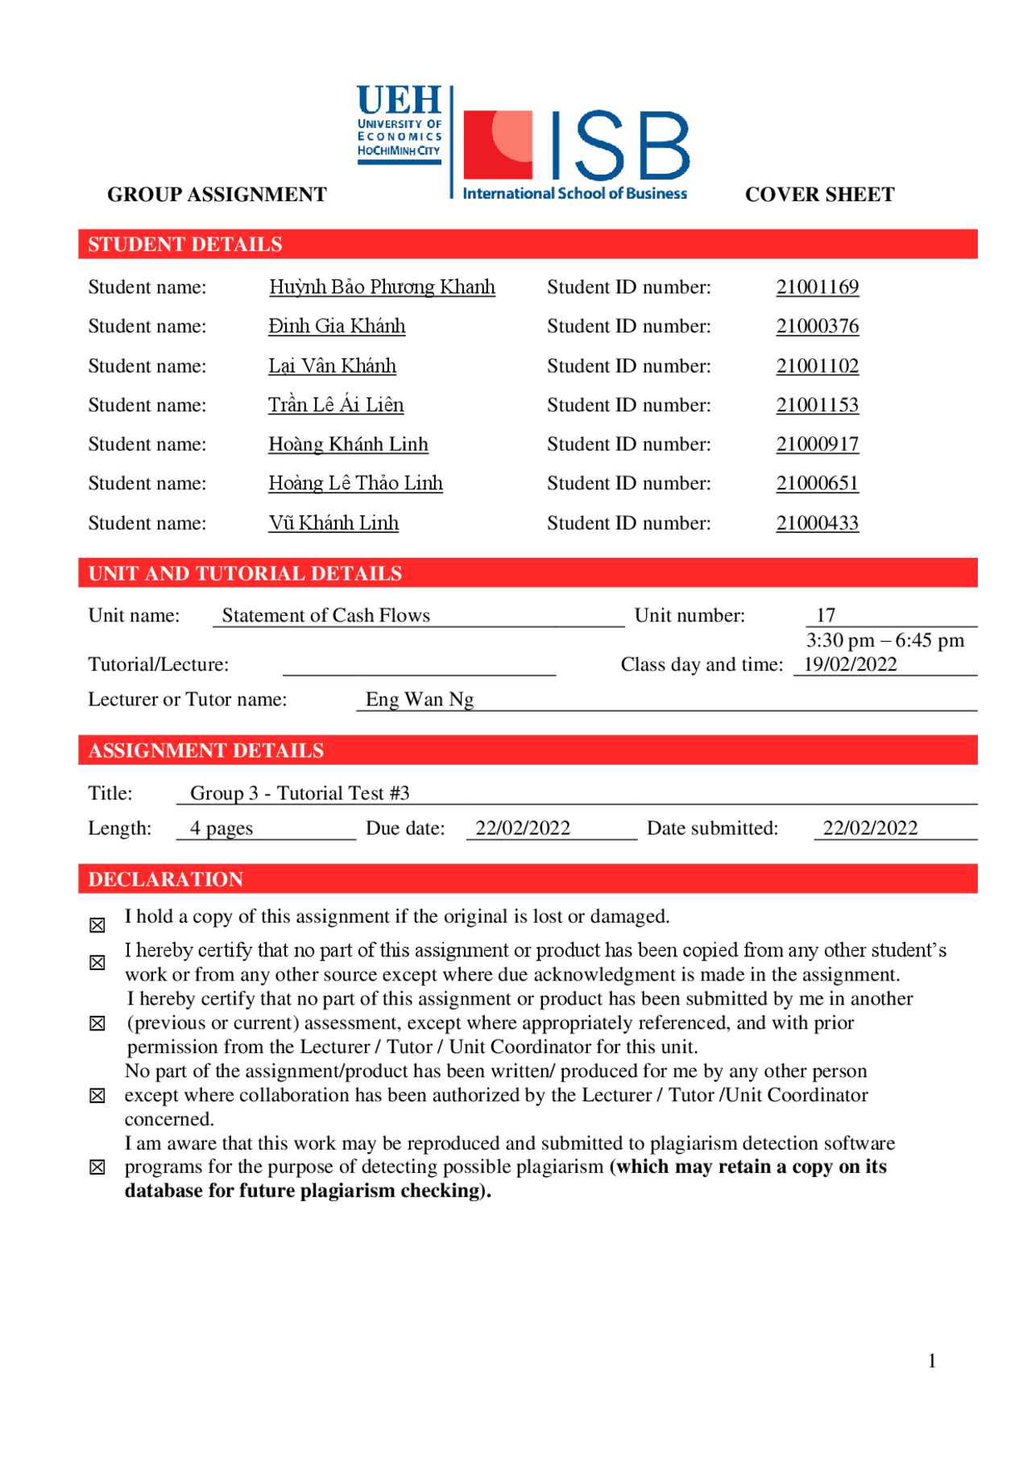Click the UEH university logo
400,125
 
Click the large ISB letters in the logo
620,147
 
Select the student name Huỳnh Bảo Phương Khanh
382,287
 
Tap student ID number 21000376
817,326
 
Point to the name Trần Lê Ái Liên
336,405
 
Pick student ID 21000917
817,444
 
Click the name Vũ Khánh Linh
333,523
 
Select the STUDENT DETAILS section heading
185,245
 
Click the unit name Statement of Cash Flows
325,616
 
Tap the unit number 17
826,616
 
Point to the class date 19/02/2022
850,665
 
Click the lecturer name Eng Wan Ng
420,700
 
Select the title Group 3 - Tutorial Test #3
300,794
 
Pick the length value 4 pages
222,828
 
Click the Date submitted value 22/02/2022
870,828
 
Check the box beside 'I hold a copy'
97,925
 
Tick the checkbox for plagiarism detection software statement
97,1167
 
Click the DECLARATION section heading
166,879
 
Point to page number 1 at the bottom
932,1361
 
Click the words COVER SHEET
819,195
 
